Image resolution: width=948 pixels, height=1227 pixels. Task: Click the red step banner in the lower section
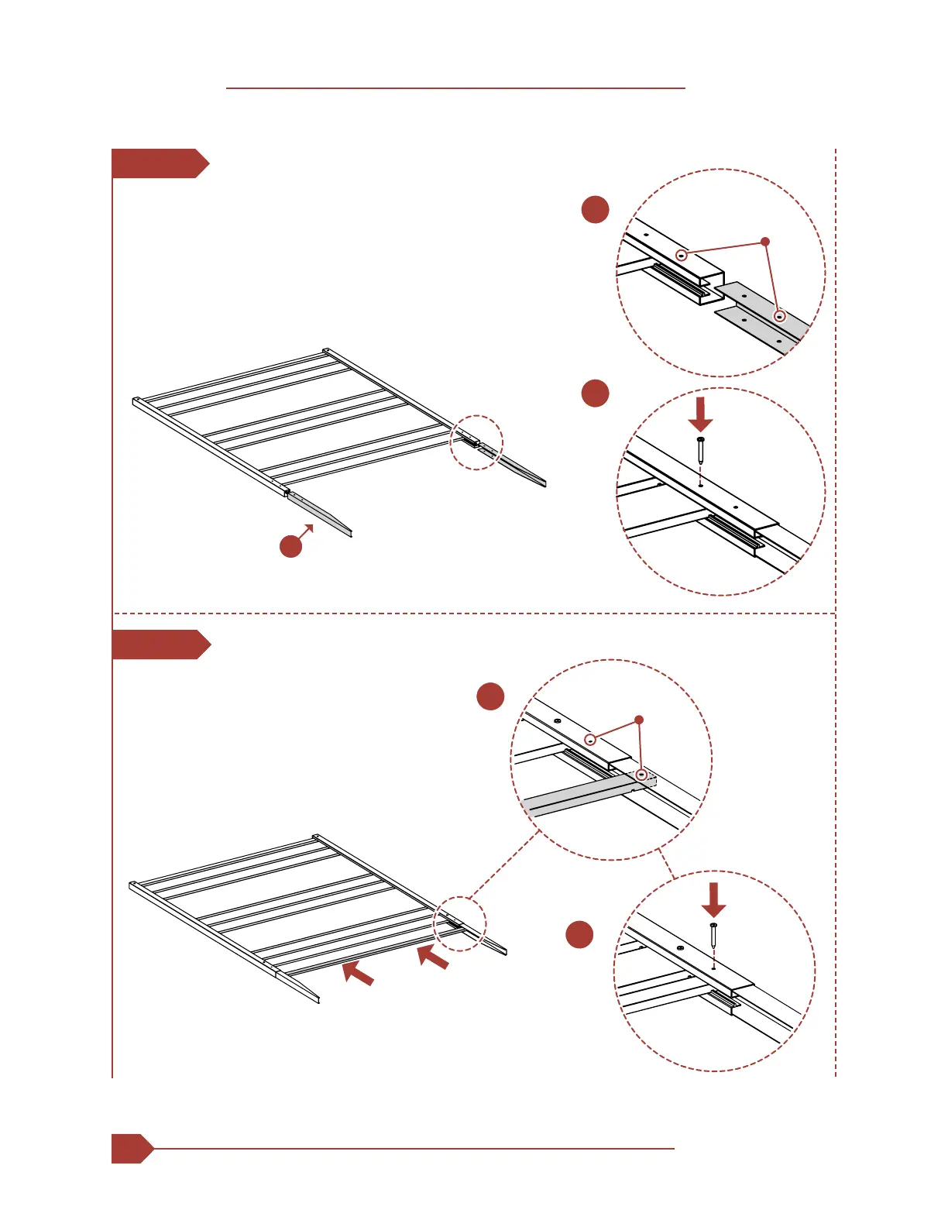tap(160, 644)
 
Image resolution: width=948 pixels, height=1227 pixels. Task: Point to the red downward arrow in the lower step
tap(713, 899)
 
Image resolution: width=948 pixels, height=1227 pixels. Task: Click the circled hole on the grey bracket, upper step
tap(780, 316)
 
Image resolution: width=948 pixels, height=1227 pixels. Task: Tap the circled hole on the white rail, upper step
tap(682, 255)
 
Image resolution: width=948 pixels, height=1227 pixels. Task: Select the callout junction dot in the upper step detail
tap(765, 242)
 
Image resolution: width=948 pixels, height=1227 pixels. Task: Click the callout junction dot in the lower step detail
tap(639, 720)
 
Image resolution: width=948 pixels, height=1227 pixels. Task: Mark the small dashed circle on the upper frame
tap(477, 442)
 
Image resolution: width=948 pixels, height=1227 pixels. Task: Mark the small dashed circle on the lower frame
tap(460, 923)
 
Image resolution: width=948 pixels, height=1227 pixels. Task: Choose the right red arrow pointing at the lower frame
tap(433, 957)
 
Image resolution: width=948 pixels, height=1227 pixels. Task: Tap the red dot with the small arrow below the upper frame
tap(290, 546)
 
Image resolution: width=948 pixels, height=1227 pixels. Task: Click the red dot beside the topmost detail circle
tap(595, 209)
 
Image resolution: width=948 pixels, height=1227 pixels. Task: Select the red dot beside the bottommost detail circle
tap(579, 934)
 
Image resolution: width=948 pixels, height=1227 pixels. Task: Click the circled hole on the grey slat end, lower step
tap(641, 774)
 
